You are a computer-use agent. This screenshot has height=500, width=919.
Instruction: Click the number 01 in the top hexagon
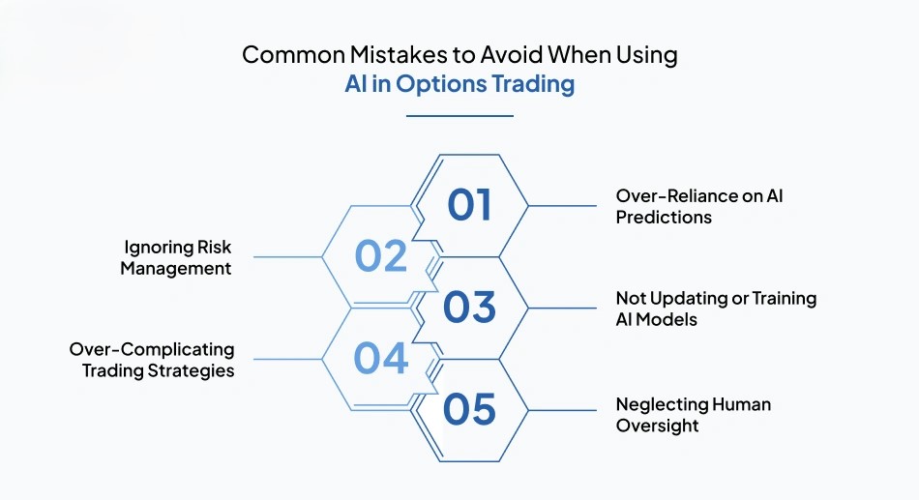pyautogui.click(x=469, y=205)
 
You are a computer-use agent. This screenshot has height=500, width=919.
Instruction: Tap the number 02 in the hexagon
pyautogui.click(x=381, y=256)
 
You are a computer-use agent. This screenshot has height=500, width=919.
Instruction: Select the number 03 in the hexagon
pyautogui.click(x=469, y=308)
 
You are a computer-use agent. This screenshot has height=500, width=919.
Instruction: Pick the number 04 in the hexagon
pyautogui.click(x=381, y=358)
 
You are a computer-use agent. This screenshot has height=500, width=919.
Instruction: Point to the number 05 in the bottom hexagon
pyautogui.click(x=469, y=409)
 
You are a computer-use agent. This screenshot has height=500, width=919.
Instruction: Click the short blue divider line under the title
pyautogui.click(x=459, y=116)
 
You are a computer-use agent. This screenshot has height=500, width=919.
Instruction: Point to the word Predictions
pyautogui.click(x=664, y=218)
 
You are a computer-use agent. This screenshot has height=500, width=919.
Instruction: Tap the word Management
pyautogui.click(x=176, y=269)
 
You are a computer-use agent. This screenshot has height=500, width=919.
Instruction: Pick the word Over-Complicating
pyautogui.click(x=152, y=350)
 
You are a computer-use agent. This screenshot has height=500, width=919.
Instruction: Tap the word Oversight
pyautogui.click(x=657, y=426)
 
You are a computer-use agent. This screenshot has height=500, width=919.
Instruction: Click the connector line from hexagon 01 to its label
pyautogui.click(x=562, y=206)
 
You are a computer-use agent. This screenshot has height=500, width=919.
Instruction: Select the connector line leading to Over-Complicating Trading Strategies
pyautogui.click(x=287, y=360)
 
